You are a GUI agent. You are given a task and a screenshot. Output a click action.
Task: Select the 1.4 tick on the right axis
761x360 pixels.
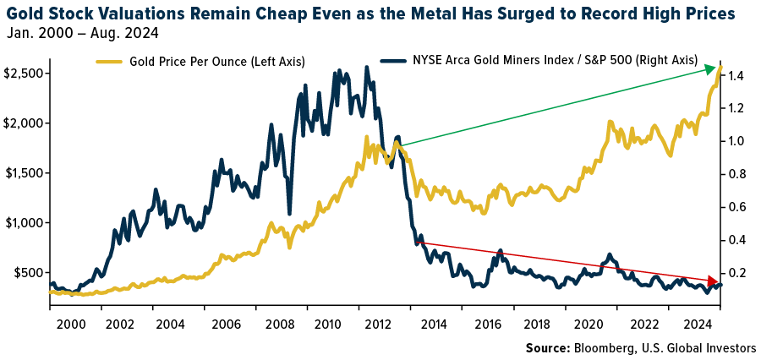(735, 76)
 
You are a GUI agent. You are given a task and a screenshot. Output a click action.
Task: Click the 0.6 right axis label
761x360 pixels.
(735, 207)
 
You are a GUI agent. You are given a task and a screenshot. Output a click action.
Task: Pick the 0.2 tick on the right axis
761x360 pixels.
(735, 273)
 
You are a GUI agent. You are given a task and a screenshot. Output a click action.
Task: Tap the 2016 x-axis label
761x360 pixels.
(485, 324)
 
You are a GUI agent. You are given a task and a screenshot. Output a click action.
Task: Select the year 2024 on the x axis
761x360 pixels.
(695, 324)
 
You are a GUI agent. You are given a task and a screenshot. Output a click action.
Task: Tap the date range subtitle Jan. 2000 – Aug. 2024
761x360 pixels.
(81, 34)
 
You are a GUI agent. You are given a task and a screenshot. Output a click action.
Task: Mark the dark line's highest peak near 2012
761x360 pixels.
(366, 67)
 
